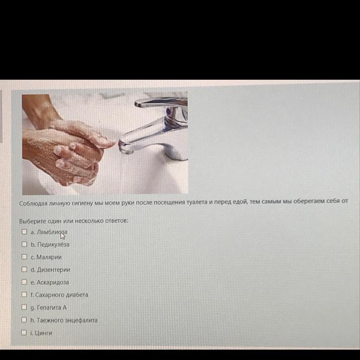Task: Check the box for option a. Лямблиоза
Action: coord(24,232)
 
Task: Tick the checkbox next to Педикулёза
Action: coord(24,244)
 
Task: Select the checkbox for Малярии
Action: coord(24,257)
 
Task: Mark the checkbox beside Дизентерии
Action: coord(24,269)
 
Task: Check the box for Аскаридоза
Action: coord(24,282)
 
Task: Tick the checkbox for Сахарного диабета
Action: coord(24,294)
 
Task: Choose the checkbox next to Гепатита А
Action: coord(24,307)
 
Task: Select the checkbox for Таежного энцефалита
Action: coord(24,320)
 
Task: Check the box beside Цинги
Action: coord(24,333)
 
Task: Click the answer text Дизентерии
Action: coord(53,270)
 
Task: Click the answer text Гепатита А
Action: coord(52,307)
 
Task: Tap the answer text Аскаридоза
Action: coord(53,282)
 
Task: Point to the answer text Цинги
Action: coord(43,333)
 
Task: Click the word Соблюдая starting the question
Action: coord(33,204)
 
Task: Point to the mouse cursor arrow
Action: coord(63,236)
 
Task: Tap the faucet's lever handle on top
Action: coord(161,102)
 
